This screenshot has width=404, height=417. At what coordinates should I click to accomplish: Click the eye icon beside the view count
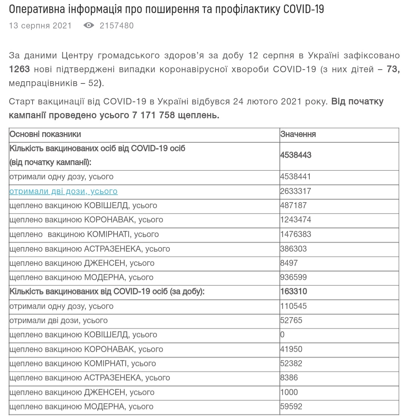[x=89, y=25]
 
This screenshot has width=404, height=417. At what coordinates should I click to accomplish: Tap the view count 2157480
[x=116, y=25]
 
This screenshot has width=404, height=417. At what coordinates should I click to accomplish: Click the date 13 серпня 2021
[x=40, y=25]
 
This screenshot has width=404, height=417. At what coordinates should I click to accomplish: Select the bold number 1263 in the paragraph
[x=19, y=69]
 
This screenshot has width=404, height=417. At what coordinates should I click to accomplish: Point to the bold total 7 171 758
[x=153, y=115]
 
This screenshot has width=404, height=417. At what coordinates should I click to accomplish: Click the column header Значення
[x=298, y=134]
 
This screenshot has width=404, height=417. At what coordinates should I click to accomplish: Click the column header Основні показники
[x=45, y=134]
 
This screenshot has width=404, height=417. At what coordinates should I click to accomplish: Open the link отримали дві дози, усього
[x=63, y=191]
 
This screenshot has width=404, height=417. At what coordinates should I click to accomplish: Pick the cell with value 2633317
[x=296, y=191]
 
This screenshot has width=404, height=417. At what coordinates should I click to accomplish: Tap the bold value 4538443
[x=296, y=155]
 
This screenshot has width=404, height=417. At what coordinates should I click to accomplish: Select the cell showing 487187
[x=293, y=206]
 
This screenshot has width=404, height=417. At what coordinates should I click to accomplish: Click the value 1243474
[x=296, y=220]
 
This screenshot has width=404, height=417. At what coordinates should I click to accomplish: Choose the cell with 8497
[x=289, y=263]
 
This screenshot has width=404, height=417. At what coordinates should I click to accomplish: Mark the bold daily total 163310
[x=293, y=291]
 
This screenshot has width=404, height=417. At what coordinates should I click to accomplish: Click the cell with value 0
[x=282, y=335]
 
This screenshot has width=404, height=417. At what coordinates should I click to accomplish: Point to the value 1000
[x=289, y=392]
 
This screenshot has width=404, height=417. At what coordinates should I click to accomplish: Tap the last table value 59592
[x=291, y=406]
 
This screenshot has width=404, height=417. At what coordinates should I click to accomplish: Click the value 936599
[x=293, y=277]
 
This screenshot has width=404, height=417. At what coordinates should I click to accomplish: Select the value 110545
[x=293, y=306]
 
